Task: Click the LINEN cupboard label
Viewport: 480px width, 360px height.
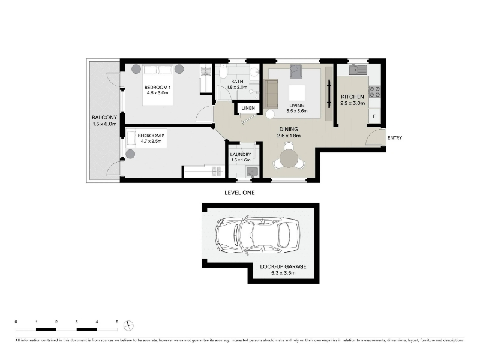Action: (248, 108)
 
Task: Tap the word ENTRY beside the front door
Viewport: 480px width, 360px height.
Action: (395, 138)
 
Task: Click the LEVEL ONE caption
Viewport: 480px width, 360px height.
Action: (239, 193)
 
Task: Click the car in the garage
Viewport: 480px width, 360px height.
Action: (258, 235)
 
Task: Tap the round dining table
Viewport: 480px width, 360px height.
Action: (289, 158)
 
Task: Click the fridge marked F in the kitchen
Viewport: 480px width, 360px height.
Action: (374, 116)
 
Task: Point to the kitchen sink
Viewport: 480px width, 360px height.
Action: (358, 70)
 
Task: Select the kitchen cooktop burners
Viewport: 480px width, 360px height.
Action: (374, 92)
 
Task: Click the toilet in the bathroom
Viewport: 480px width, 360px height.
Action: (223, 71)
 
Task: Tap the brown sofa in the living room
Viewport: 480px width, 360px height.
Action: (271, 94)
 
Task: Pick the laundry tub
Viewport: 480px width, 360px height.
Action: (252, 172)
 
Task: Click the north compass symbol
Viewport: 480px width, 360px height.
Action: (128, 325)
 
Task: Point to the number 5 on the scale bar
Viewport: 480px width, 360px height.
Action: (117, 322)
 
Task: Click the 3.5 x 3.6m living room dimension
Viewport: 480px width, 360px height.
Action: (297, 111)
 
